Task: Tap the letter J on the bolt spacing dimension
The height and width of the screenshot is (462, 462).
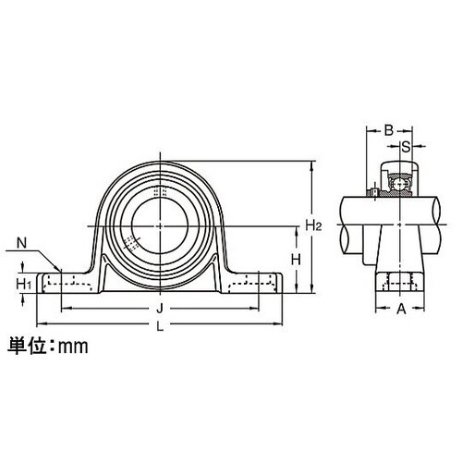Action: click(x=160, y=309)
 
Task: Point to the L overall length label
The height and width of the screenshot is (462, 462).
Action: click(x=160, y=326)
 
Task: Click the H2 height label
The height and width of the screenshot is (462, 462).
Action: click(x=313, y=225)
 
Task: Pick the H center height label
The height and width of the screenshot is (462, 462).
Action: click(x=296, y=260)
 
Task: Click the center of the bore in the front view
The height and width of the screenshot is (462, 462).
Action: click(x=159, y=225)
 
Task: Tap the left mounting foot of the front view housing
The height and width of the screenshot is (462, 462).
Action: click(x=69, y=281)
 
